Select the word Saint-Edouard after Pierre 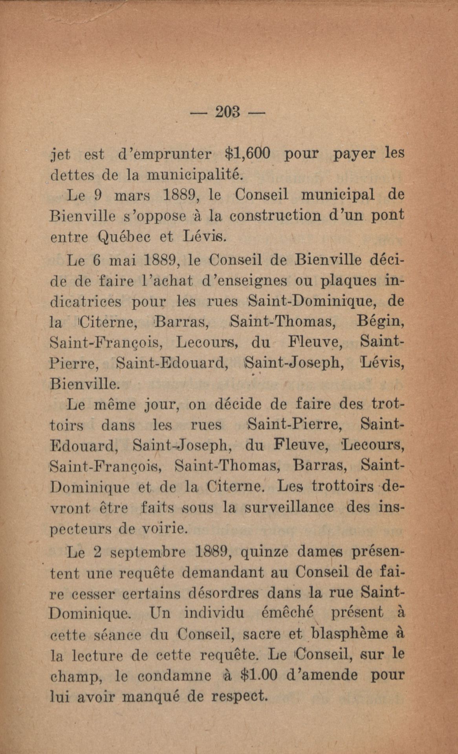tap(173, 363)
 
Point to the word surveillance tap(289, 507)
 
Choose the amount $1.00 tap(258, 675)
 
